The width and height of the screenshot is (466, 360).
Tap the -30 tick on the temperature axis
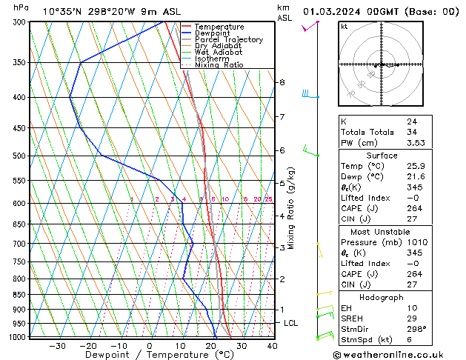coord(57,346)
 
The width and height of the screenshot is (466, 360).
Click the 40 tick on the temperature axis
coord(272,346)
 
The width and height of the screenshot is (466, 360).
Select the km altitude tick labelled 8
coord(282,82)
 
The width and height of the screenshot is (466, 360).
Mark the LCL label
coord(290,324)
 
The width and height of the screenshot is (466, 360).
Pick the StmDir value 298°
coord(416,329)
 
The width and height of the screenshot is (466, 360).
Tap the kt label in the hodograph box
coord(344,27)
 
